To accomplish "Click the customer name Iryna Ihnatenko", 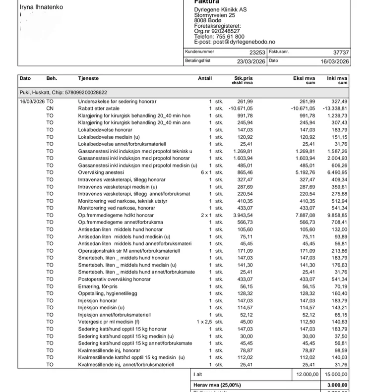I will click(41, 7).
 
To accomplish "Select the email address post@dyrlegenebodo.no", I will click(241, 42).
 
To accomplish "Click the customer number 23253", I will click(256, 52).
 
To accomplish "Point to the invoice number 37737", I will click(341, 52).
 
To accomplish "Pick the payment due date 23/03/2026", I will click(251, 61).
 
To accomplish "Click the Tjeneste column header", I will click(88, 78).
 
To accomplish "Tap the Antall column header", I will click(205, 78).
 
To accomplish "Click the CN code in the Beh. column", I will click(50, 109).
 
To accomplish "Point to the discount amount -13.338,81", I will click(335, 109).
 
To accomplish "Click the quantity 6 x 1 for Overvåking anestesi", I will click(205, 172).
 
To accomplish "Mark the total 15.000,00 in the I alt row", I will click(336, 375).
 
